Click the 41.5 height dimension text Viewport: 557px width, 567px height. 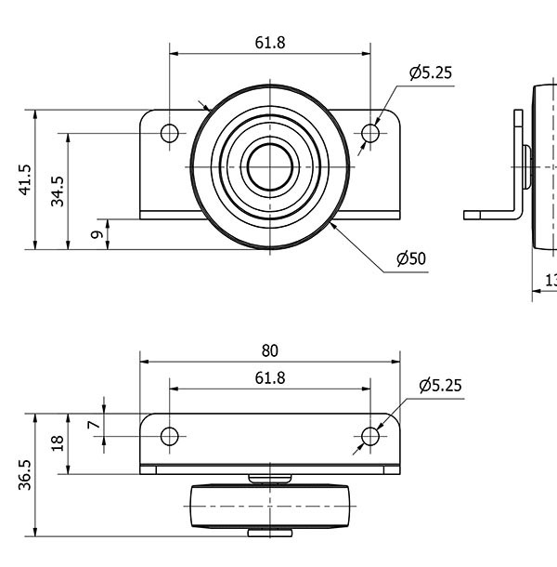(x=25, y=180)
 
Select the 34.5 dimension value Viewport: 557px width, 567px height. (x=58, y=191)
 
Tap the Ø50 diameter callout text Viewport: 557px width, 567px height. (x=410, y=259)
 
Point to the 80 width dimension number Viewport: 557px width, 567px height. (x=269, y=350)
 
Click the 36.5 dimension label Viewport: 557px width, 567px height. (x=25, y=474)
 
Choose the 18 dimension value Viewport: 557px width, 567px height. (x=58, y=443)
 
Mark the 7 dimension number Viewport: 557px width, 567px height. (x=92, y=425)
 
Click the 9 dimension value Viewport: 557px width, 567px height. (x=97, y=234)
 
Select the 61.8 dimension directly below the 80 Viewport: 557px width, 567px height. (x=269, y=377)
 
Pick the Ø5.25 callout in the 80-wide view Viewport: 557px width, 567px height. (x=439, y=385)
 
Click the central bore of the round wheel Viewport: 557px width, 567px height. (x=270, y=166)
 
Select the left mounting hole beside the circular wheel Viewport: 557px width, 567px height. (x=169, y=134)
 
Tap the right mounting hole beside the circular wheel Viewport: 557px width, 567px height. (x=370, y=134)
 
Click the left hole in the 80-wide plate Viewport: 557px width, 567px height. (x=169, y=436)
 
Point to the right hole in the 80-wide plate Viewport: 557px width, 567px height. (x=370, y=436)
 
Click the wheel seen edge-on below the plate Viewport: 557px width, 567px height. (x=270, y=508)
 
